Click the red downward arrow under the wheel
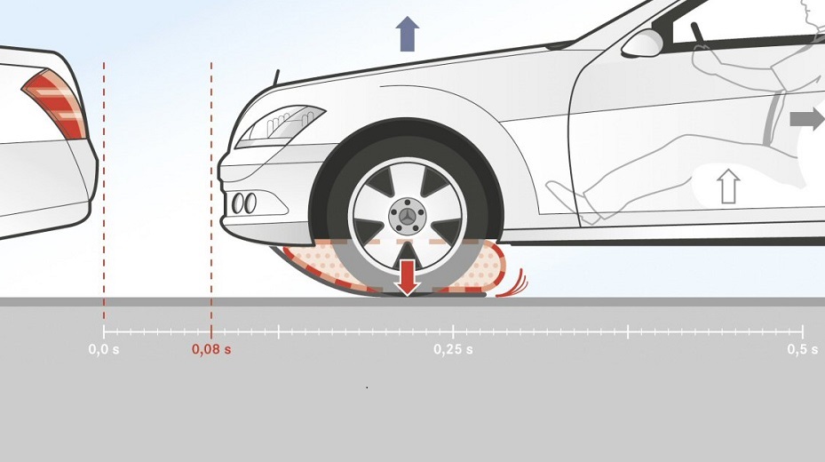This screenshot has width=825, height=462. (x=408, y=275)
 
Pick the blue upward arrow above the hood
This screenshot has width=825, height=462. (x=407, y=34)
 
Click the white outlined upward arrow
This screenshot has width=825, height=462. (x=728, y=186)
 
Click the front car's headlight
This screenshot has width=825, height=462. (x=280, y=124)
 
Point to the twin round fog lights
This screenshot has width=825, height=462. (x=243, y=203)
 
